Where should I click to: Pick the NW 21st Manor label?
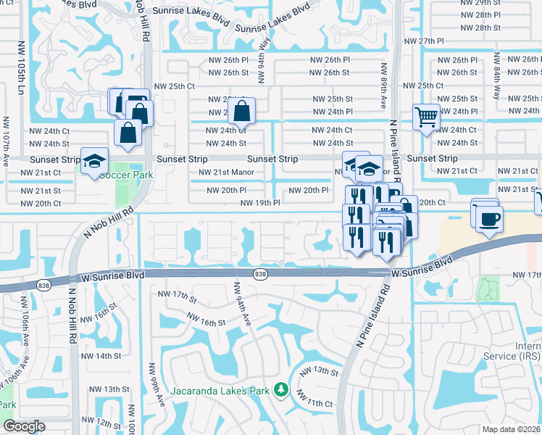click(226, 173)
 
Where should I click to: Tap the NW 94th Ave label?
click(241, 302)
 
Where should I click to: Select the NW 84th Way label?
click(496, 80)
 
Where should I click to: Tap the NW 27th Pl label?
click(441, 41)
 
